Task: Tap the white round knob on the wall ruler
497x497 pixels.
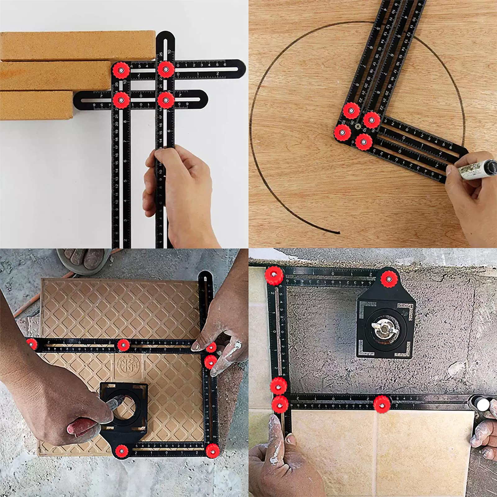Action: (x=483, y=404)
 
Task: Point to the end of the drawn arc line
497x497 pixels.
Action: (x=339, y=232)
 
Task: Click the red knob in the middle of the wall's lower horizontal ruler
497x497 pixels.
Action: (x=382, y=404)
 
